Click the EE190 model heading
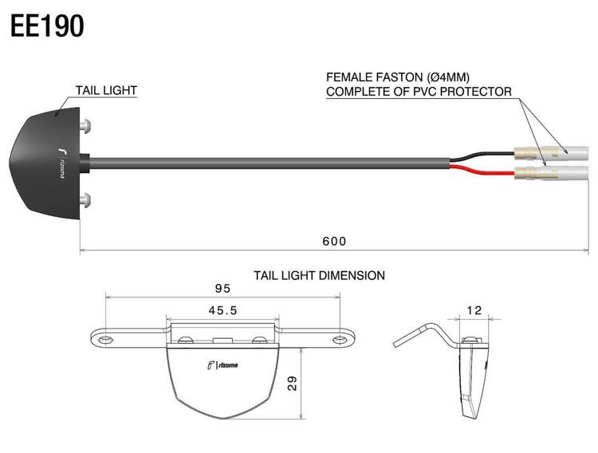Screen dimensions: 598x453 (x=47, y=26)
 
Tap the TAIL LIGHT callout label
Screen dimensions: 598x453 (x=106, y=90)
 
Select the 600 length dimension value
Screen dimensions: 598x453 (x=334, y=241)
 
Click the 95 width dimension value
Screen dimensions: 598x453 (x=222, y=289)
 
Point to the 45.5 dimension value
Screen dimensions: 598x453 (x=222, y=311)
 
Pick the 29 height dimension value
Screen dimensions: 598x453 (x=293, y=383)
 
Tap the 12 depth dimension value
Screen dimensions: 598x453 (x=474, y=310)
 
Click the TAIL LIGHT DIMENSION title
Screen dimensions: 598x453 (x=319, y=275)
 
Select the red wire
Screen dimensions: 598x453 (x=482, y=171)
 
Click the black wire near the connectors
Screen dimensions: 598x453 (x=482, y=156)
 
